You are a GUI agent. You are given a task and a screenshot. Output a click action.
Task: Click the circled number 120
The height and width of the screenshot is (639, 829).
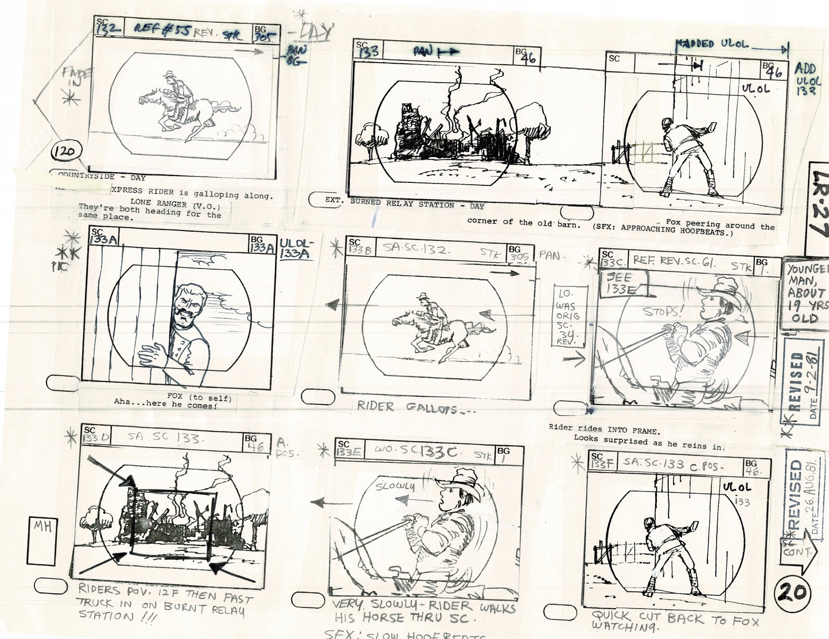coord(68,153)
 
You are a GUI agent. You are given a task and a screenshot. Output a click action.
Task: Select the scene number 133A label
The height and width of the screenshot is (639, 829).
coord(104,240)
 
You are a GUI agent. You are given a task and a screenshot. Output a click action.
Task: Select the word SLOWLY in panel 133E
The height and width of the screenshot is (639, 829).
coord(395,486)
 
